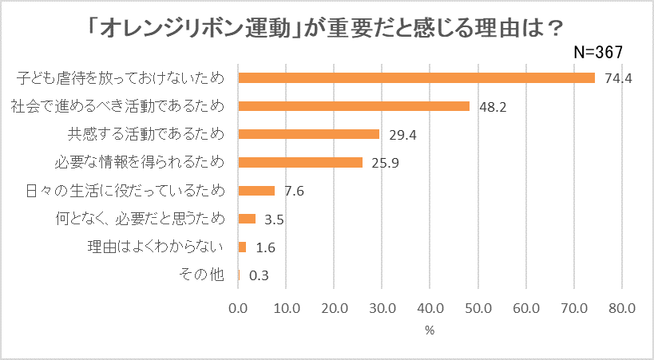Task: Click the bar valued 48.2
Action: (x=354, y=106)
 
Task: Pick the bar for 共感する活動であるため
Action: (x=309, y=134)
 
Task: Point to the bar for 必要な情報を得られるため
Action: (x=300, y=162)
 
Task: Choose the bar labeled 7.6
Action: (x=256, y=191)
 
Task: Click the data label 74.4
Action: (x=618, y=78)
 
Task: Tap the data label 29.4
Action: (x=402, y=135)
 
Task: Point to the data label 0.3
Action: (x=259, y=275)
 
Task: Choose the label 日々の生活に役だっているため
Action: (x=122, y=191)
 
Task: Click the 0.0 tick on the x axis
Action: (x=239, y=307)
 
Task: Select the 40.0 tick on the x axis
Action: (x=430, y=307)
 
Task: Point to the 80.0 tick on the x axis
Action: (x=621, y=307)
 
